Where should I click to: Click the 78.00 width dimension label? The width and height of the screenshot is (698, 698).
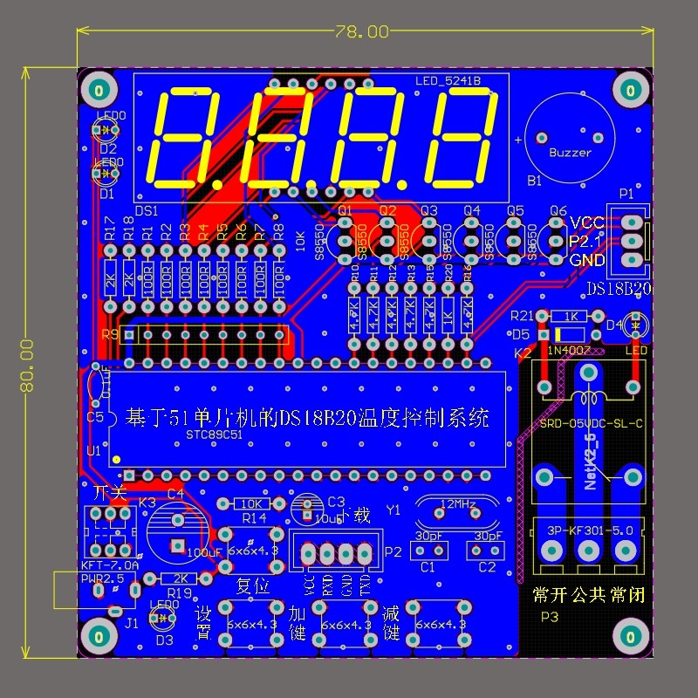(361, 31)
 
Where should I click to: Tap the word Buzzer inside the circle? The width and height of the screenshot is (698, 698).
(570, 153)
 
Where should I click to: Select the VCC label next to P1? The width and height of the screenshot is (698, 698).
(587, 222)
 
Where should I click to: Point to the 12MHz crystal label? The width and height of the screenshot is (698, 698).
(458, 505)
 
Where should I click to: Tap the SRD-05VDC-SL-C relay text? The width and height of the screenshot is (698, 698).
(591, 423)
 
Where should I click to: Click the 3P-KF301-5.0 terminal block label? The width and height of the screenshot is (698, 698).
(588, 529)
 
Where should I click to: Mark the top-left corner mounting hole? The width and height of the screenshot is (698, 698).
(99, 90)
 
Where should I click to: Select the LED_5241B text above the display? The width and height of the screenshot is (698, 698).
(448, 81)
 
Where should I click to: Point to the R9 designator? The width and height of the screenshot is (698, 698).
(111, 335)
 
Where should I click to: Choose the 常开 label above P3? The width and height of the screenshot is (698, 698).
(549, 596)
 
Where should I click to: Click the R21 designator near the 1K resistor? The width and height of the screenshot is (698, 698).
(522, 316)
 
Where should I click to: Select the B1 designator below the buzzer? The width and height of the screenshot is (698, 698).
(534, 181)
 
